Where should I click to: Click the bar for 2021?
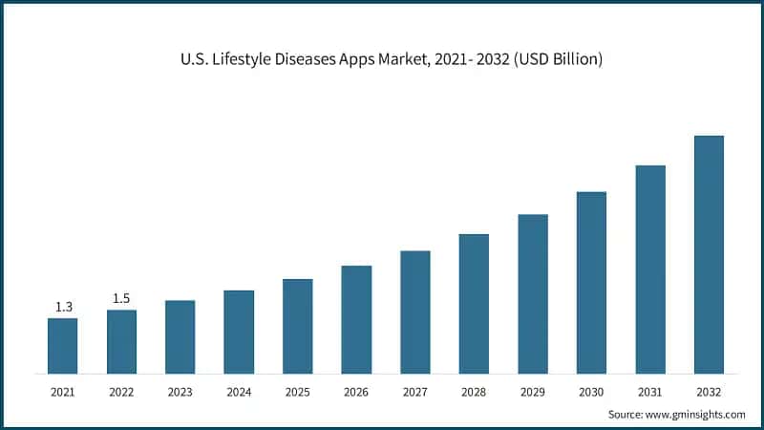[x=62, y=345]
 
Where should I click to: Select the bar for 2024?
[x=239, y=332]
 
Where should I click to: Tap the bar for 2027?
[x=414, y=312]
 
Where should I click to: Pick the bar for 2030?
[x=591, y=282]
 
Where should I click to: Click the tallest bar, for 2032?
[x=709, y=254]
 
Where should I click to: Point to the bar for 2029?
[x=532, y=293]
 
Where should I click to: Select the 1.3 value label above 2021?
[x=62, y=307]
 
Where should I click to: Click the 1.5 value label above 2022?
[x=121, y=298]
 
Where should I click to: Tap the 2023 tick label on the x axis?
[x=180, y=392]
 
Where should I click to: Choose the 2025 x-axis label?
[x=297, y=392]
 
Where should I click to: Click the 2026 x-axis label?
[x=356, y=392]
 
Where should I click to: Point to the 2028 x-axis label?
[x=474, y=392]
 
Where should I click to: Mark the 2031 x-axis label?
[x=650, y=392]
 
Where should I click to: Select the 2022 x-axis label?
[x=121, y=392]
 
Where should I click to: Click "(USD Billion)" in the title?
[x=556, y=59]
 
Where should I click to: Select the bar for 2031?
[x=650, y=269]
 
